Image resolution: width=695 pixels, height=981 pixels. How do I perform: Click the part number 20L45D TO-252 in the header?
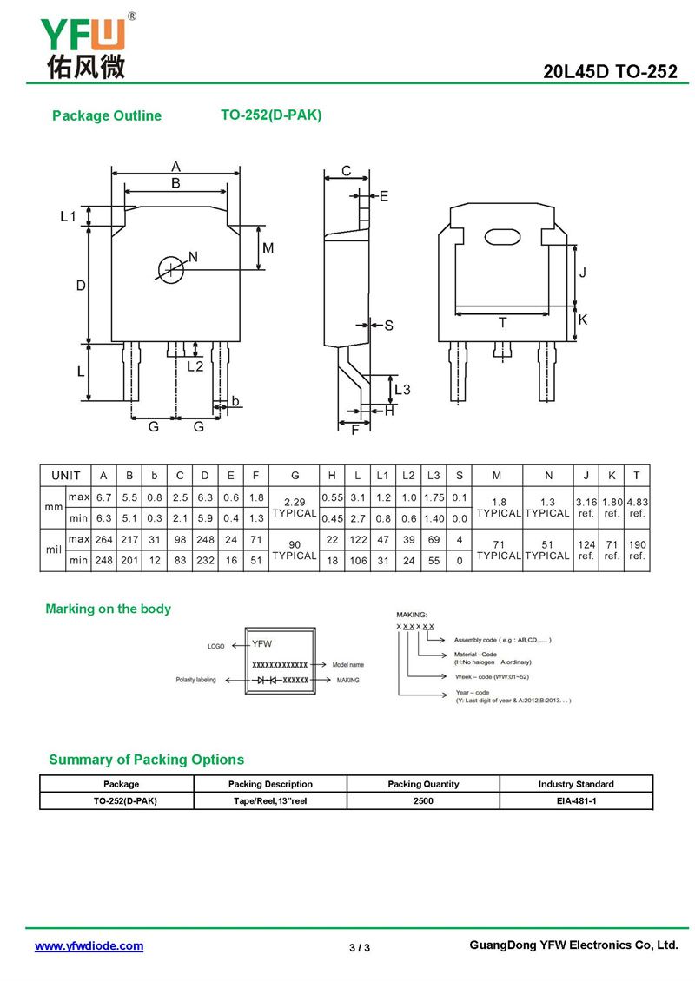(610, 72)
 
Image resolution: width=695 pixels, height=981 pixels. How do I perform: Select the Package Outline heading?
(107, 115)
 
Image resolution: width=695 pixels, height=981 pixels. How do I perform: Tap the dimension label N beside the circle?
(193, 256)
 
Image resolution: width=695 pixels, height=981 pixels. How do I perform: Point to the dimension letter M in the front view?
(268, 248)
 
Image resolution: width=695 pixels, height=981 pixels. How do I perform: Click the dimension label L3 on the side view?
(401, 389)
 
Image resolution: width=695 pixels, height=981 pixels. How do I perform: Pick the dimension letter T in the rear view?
(502, 322)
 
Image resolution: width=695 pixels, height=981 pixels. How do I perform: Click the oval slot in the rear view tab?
(503, 235)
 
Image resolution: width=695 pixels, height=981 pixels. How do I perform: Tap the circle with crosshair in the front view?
(171, 268)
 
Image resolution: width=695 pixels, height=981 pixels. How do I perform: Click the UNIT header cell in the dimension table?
(66, 475)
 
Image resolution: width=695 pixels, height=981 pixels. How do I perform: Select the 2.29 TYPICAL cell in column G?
(295, 507)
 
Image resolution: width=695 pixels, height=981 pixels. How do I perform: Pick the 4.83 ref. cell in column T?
(637, 507)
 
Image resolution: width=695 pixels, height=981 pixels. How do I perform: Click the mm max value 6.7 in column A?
(103, 497)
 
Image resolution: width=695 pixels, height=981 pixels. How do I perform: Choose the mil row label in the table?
(53, 550)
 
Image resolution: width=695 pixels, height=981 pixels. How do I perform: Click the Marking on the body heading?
(108, 609)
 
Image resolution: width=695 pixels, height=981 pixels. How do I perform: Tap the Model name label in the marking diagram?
(347, 664)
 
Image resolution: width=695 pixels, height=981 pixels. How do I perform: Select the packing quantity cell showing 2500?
(423, 800)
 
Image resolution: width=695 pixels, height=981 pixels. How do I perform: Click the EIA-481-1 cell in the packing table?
(576, 800)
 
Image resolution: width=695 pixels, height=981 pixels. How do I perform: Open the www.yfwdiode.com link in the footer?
(89, 946)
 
